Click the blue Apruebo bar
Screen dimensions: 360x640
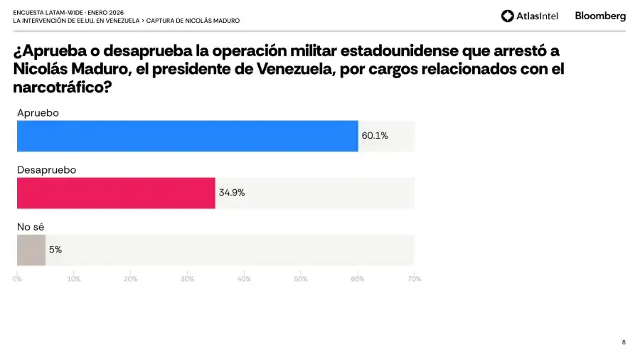(187, 136)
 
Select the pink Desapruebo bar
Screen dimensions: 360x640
(116, 193)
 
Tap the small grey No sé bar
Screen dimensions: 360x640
(31, 250)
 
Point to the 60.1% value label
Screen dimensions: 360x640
(375, 136)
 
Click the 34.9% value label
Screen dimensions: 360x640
(232, 193)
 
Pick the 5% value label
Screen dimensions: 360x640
(55, 250)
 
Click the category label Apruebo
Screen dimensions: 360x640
(38, 113)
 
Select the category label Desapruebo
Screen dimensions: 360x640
(46, 170)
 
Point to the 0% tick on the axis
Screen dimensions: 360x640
(17, 279)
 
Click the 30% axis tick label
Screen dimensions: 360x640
(187, 279)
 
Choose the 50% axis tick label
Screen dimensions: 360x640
(301, 279)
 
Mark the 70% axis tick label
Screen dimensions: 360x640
(414, 279)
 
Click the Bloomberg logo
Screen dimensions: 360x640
(600, 16)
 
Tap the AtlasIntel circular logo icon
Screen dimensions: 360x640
(507, 16)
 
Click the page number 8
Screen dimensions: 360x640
(624, 342)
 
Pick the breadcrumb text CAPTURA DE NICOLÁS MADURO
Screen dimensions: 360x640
(193, 21)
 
